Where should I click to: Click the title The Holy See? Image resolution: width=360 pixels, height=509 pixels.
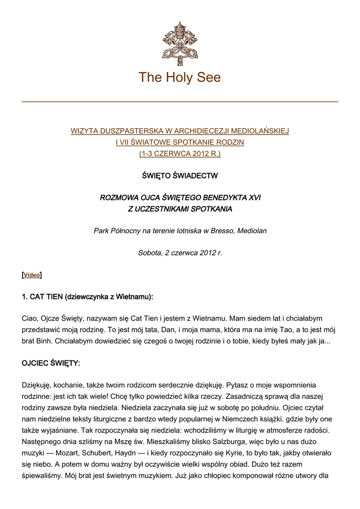[x=180, y=78]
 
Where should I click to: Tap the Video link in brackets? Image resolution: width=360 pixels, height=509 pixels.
[x=32, y=275]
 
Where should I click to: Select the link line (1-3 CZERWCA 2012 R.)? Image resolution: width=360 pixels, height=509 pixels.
[x=180, y=154]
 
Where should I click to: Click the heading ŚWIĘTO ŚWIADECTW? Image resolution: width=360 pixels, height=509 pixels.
[x=180, y=176]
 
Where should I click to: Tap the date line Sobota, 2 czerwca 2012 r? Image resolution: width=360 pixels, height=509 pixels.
[x=180, y=253]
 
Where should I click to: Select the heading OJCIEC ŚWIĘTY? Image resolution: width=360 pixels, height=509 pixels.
[x=51, y=363]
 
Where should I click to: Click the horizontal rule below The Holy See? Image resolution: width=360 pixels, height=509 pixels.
[x=180, y=102]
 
